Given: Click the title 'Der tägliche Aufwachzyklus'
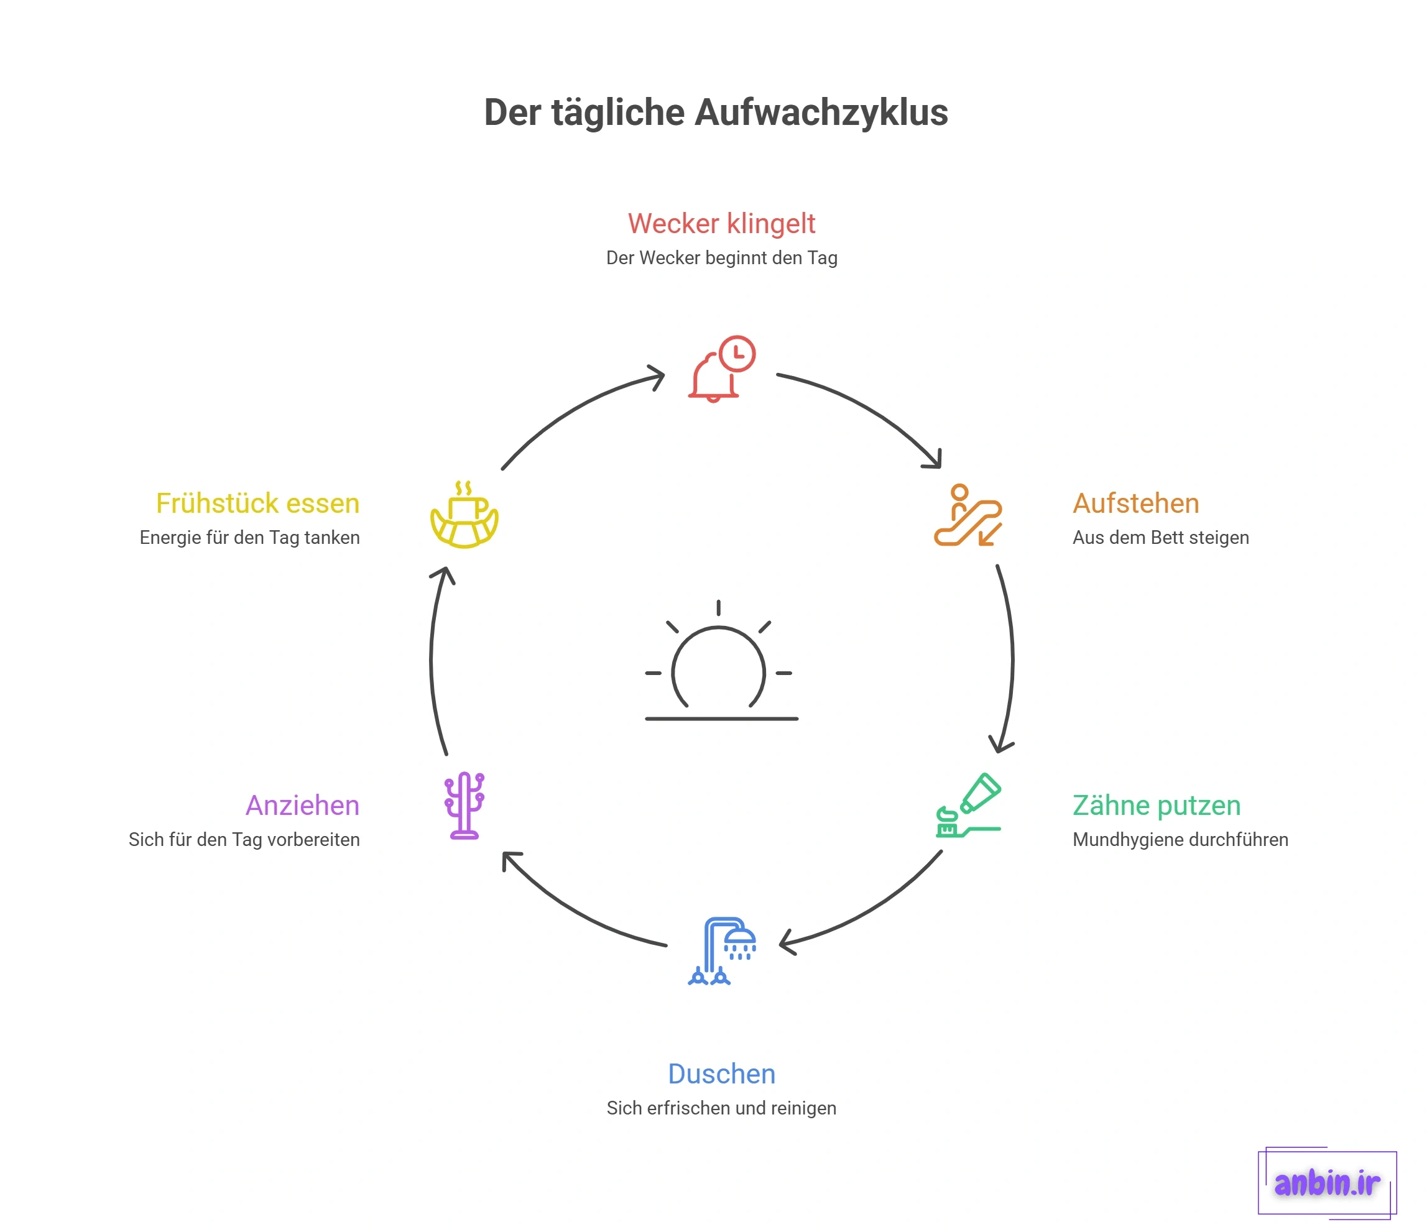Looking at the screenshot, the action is pyautogui.click(x=716, y=113).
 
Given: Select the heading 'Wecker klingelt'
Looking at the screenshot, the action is pyautogui.click(x=721, y=224).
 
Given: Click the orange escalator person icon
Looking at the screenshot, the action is pyautogui.click(x=967, y=515).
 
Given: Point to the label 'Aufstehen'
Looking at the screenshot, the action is pyautogui.click(x=1135, y=503).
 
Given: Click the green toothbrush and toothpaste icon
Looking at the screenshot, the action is pyautogui.click(x=968, y=805).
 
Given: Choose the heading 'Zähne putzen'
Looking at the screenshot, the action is pyautogui.click(x=1157, y=806).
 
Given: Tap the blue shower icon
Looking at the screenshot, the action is pyautogui.click(x=722, y=951).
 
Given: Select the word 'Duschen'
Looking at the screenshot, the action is pyautogui.click(x=721, y=1074).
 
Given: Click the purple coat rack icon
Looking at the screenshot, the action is pyautogui.click(x=464, y=806).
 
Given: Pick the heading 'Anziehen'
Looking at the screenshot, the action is pyautogui.click(x=302, y=806).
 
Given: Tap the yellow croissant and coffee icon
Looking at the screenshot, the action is pyautogui.click(x=464, y=515).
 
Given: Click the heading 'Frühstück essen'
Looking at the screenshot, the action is pyautogui.click(x=257, y=503).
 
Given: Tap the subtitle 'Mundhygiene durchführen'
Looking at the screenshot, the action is pyautogui.click(x=1180, y=839).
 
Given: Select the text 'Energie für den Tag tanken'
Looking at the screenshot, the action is pyautogui.click(x=249, y=537).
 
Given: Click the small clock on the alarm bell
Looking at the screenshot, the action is pyautogui.click(x=737, y=354).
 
